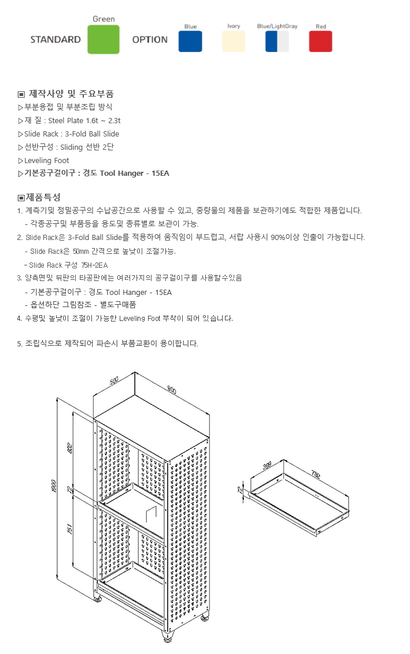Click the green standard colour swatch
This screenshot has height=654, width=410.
104,39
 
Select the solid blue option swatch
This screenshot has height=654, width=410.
190,41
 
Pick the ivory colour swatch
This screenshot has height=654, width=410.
234,41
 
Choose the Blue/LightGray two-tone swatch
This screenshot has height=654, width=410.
277,41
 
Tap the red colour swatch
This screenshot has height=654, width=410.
320,41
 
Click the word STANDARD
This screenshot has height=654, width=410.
56,40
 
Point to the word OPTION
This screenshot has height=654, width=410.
150,40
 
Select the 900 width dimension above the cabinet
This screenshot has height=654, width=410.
172,389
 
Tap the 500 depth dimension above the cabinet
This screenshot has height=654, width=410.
114,380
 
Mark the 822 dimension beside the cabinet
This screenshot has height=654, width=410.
71,449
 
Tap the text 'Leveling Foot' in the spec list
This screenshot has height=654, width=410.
46,160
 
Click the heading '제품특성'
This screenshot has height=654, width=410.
42,197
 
